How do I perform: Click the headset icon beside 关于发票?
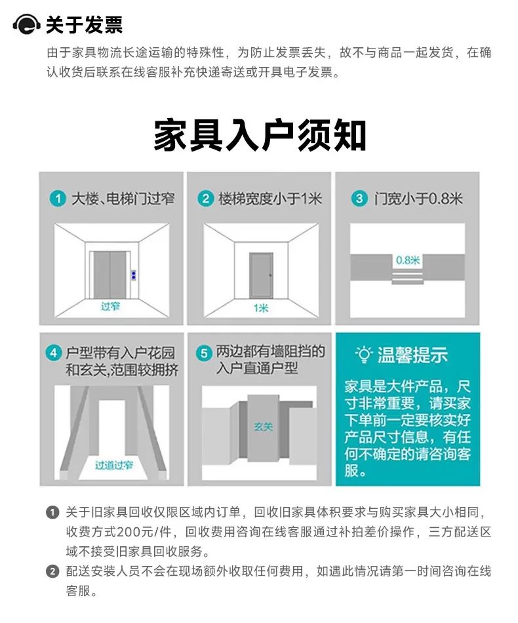point(27,25)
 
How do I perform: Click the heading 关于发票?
point(84,25)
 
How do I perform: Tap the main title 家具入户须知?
point(260,135)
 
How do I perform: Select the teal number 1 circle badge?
point(58,198)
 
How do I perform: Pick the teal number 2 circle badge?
point(205,198)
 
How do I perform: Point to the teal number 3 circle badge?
point(359,198)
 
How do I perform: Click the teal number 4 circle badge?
point(54,353)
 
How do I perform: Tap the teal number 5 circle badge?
point(204,353)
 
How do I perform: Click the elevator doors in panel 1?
point(110,275)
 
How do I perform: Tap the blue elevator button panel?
point(134,275)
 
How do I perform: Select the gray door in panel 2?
point(261,275)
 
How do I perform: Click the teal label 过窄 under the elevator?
point(110,306)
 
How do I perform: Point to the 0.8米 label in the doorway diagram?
point(408,260)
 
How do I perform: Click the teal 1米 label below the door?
point(261,308)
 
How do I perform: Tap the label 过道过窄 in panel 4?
point(114,465)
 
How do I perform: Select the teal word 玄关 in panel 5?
point(263,427)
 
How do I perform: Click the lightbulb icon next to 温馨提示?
point(363,354)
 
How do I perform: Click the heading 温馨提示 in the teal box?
point(412,355)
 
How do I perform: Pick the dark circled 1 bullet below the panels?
point(52,512)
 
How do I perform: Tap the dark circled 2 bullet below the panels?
point(52,572)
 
